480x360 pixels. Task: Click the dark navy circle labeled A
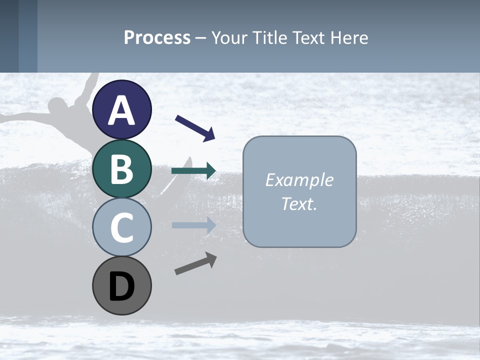(x=122, y=109)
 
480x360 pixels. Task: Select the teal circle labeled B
(x=122, y=168)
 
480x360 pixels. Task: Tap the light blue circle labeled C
(x=122, y=227)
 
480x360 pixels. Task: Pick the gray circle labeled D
(x=122, y=286)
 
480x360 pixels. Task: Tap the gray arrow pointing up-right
(x=195, y=263)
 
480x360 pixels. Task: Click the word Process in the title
(x=157, y=37)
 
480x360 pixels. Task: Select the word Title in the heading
(x=269, y=37)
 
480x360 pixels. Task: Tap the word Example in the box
(x=299, y=180)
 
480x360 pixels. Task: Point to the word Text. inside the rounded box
(x=299, y=203)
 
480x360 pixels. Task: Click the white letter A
(x=122, y=110)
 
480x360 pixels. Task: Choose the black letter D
(x=122, y=286)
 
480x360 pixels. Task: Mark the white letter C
(x=122, y=227)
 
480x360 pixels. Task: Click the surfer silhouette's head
(x=59, y=106)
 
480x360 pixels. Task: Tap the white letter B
(x=122, y=169)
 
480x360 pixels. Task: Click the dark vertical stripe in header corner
(x=28, y=36)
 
